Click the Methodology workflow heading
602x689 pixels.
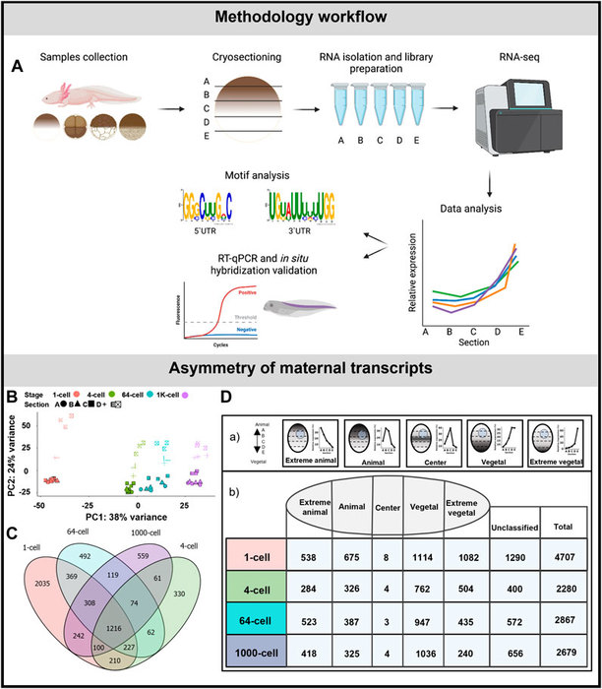300,19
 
